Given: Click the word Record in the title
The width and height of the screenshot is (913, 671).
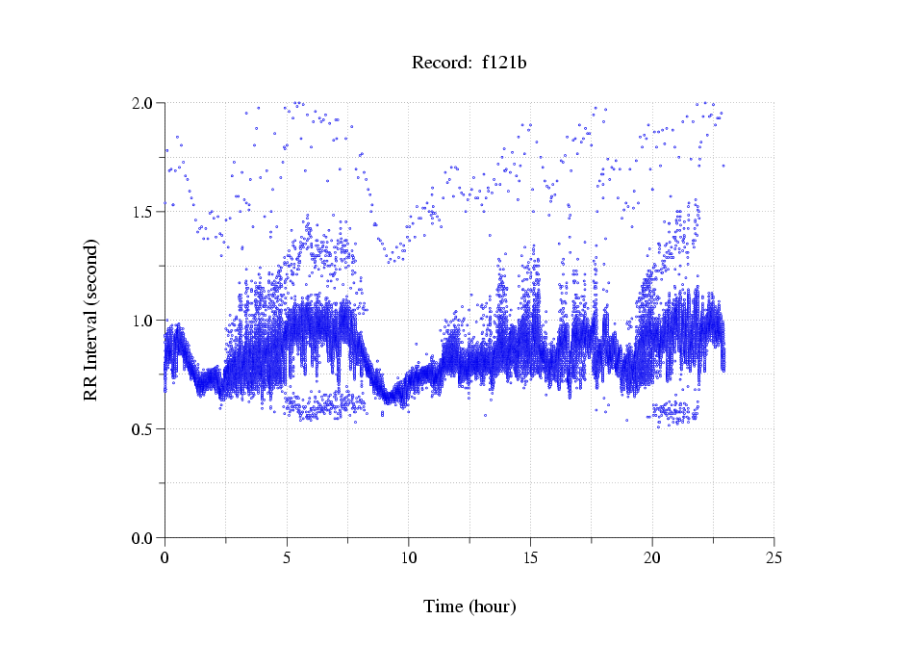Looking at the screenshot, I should [438, 63].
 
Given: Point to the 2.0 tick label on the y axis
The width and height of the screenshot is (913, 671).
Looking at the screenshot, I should [145, 103].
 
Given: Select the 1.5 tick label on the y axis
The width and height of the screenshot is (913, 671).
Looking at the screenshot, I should [145, 212].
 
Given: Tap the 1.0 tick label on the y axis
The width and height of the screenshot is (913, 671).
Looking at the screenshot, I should [145, 321].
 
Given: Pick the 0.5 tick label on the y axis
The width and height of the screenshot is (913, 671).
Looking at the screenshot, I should [145, 429].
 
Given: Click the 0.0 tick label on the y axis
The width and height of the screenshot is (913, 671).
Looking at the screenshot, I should [145, 538].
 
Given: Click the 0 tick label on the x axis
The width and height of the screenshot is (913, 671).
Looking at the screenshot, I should [165, 557].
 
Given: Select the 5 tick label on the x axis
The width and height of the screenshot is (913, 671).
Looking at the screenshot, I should [287, 557].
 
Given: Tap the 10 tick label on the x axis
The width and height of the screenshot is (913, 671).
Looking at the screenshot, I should [408, 557].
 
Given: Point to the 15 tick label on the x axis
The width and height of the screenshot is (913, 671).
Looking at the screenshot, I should [530, 557].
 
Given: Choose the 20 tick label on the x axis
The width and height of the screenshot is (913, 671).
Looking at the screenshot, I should [652, 557].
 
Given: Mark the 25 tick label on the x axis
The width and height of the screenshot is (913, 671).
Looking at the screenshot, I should [774, 557].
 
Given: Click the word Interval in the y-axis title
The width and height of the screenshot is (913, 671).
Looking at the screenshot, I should [90, 336].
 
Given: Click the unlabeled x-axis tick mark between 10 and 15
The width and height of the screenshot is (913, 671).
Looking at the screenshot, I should [469, 541].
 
